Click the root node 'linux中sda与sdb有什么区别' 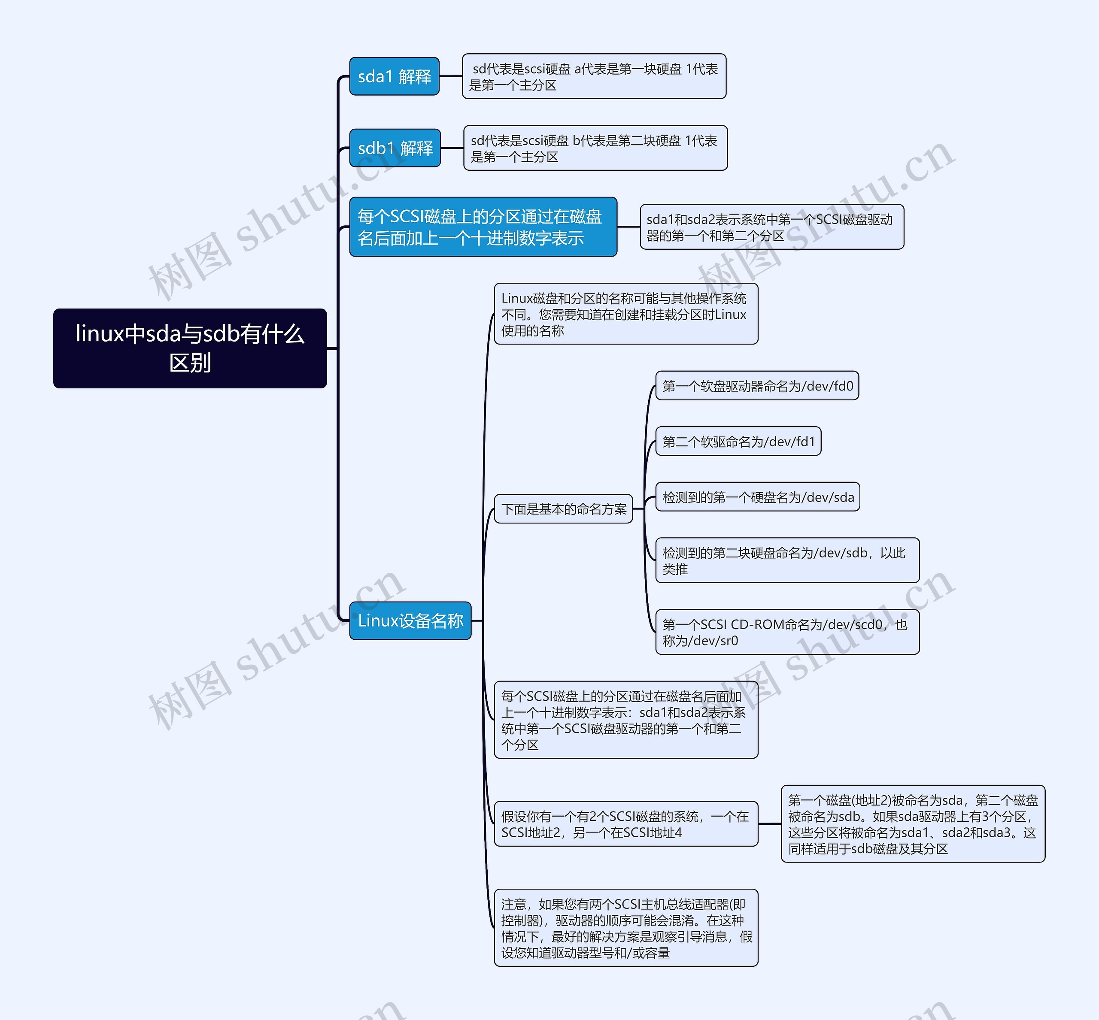point(190,348)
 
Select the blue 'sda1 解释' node point(395,76)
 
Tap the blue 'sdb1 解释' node point(395,148)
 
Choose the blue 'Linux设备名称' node point(410,620)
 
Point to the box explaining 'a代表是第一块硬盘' point(594,76)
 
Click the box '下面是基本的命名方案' point(563,509)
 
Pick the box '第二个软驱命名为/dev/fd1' point(738,442)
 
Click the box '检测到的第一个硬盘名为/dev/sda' point(757,497)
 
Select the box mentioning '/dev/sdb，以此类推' point(787,560)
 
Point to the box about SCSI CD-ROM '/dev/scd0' point(787,632)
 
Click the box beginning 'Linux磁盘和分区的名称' point(626,314)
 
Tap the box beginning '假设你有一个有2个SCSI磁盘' point(626,823)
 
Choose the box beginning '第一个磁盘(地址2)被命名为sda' point(912,823)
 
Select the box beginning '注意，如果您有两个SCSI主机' point(626,928)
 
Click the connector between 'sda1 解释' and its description point(451,76)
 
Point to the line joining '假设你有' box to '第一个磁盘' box point(769,823)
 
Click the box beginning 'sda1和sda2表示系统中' point(771,227)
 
